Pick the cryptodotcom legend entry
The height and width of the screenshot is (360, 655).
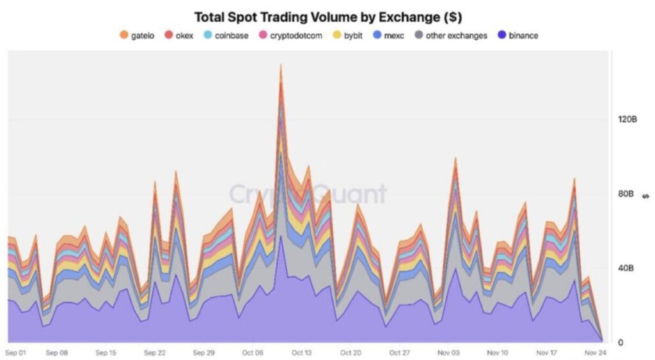click(290, 35)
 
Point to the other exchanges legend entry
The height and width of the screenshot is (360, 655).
click(451, 35)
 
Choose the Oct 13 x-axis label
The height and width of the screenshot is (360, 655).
click(301, 352)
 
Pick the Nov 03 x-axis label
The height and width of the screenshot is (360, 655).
click(449, 352)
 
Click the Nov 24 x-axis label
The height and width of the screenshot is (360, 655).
click(596, 352)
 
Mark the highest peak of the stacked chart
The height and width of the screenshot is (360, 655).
click(281, 65)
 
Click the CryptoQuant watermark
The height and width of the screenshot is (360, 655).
click(308, 193)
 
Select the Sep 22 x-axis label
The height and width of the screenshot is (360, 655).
click(155, 352)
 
